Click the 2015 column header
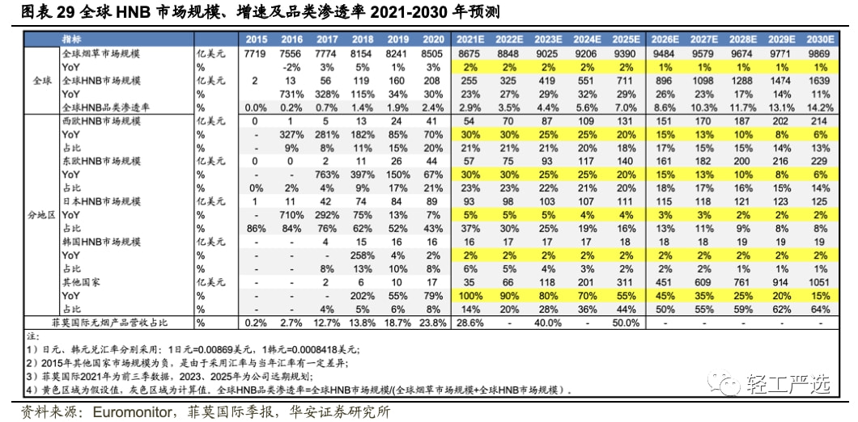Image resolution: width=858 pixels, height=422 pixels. pos(255,39)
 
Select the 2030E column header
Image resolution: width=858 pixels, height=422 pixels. pos(820,39)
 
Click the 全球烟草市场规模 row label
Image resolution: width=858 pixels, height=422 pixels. pos(101,53)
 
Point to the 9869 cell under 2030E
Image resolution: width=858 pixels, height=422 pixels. pos(820,53)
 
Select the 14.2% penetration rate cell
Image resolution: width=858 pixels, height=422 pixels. pos(820,107)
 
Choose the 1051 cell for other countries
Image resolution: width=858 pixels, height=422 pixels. pos(820,282)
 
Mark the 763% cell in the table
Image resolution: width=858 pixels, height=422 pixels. pos(327,175)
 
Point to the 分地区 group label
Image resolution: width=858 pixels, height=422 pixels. pos(40,215)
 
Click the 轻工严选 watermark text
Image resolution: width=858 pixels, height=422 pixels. pos(789,382)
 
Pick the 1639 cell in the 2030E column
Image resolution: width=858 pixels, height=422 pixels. pos(820,80)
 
